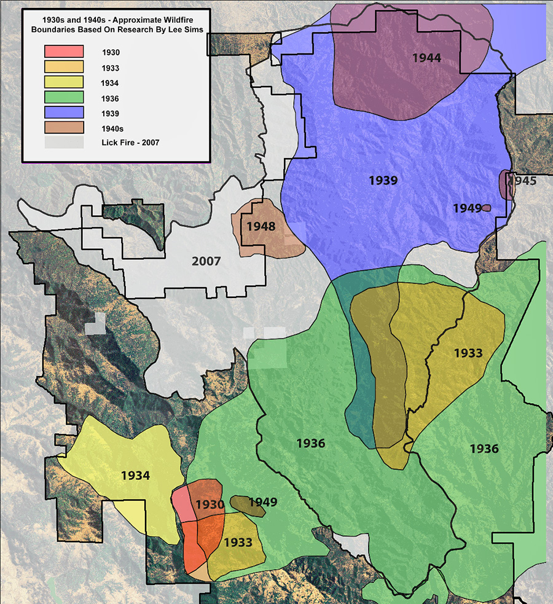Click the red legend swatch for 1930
[63, 52]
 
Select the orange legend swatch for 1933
[63, 66]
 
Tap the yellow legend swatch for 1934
[63, 82]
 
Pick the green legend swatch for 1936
[63, 97]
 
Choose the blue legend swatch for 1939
[63, 112]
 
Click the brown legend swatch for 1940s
[63, 127]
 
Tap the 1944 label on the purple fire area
[426, 58]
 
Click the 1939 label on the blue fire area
[383, 181]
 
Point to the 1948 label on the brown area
[261, 226]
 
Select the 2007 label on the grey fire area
[206, 261]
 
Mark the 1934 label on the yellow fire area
[135, 475]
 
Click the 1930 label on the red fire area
[210, 504]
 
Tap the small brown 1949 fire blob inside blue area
[487, 208]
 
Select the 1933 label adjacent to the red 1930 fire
[238, 543]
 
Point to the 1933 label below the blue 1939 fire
[468, 353]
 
